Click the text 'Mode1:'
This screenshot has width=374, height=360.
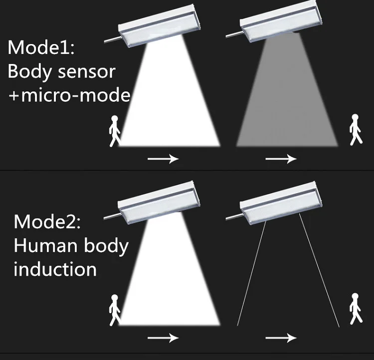click(41, 47)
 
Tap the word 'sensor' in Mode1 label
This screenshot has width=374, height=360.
click(87, 72)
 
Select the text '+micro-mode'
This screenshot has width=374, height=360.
click(69, 95)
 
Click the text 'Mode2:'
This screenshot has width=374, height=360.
click(47, 222)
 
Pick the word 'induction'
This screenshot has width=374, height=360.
click(55, 269)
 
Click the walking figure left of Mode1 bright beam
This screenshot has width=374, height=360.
click(115, 131)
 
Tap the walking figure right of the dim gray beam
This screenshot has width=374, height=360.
click(356, 130)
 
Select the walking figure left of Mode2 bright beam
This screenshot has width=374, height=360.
click(115, 310)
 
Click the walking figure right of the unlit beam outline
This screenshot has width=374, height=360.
click(356, 309)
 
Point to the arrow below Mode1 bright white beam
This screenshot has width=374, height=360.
click(163, 159)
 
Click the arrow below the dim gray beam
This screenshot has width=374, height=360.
click(281, 159)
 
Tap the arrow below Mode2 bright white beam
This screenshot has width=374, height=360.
click(163, 338)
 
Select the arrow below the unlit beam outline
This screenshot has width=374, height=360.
click(281, 338)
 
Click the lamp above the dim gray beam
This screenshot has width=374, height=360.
click(281, 22)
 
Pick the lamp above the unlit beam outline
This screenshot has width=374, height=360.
click(281, 203)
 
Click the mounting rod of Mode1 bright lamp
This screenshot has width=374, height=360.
click(113, 40)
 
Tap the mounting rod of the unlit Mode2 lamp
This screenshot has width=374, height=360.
click(235, 216)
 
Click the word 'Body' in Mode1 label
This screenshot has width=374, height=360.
click(29, 72)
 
